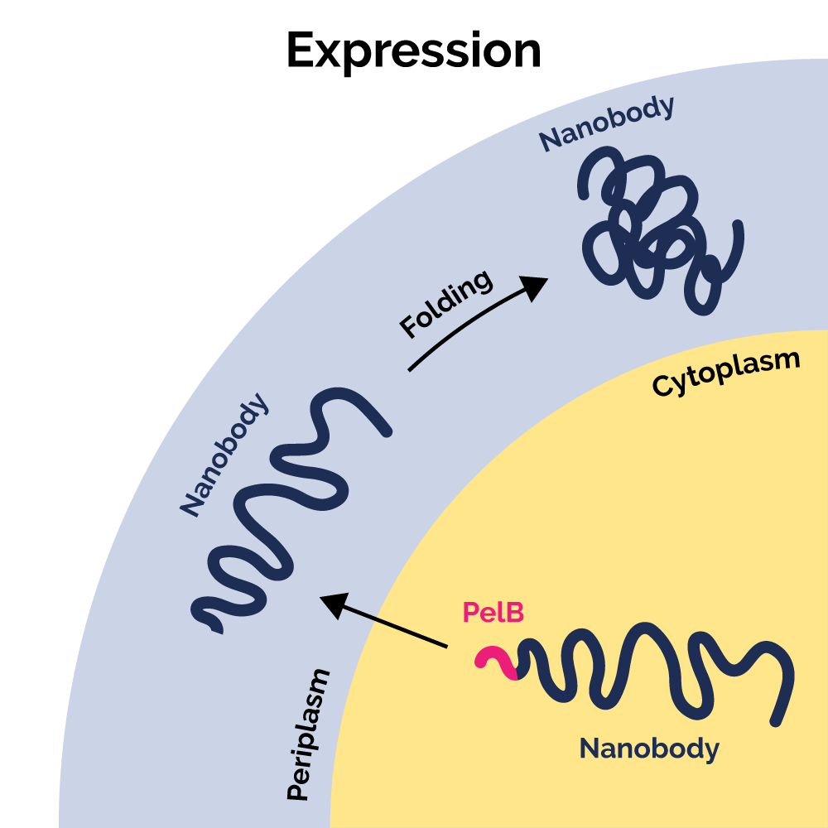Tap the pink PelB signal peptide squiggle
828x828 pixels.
(494, 661)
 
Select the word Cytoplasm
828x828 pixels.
(726, 373)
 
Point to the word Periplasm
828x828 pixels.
(308, 734)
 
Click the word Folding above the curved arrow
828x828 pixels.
(445, 304)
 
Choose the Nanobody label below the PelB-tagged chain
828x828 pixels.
(649, 749)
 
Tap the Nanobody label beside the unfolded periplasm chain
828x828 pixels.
(224, 455)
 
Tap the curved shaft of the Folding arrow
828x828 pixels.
(464, 327)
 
